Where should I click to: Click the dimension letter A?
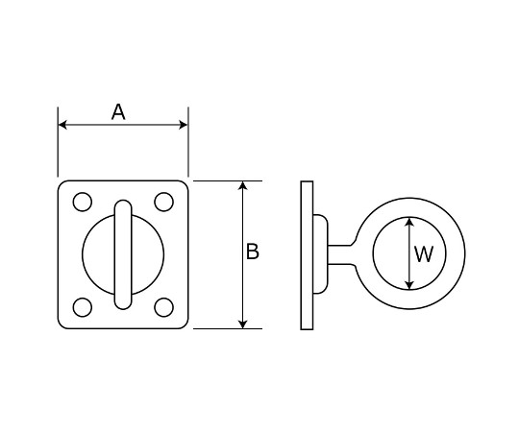[118, 111]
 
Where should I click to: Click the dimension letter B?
[253, 252]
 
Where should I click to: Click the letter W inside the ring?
[424, 254]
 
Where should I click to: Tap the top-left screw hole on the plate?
[83, 202]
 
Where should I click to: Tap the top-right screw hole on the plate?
[163, 202]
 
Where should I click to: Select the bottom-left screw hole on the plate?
[83, 307]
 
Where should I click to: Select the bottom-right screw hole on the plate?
[163, 307]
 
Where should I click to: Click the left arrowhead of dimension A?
[62, 125]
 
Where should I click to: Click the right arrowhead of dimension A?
[183, 125]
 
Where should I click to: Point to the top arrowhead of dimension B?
[243, 185]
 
